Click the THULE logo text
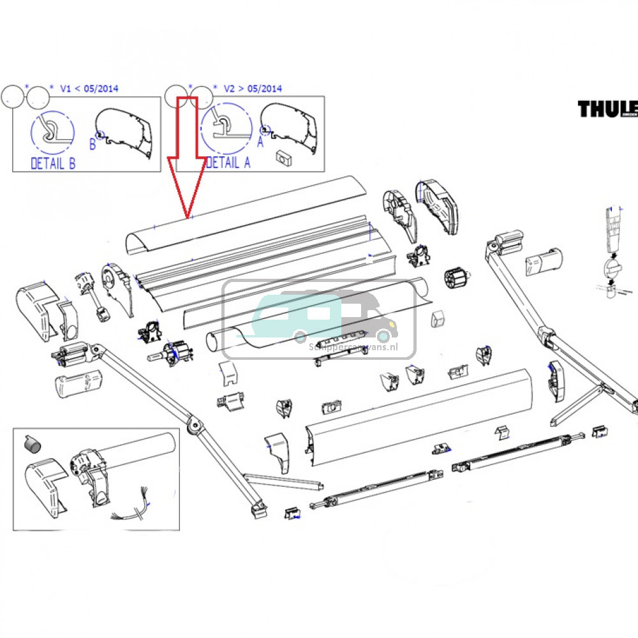[x=607, y=109]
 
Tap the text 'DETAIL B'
[x=53, y=164]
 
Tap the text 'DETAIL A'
[x=228, y=163]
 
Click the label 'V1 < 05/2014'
[x=89, y=89]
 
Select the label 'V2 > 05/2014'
[x=253, y=89]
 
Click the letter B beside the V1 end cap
[x=93, y=145]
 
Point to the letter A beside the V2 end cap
[x=260, y=133]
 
